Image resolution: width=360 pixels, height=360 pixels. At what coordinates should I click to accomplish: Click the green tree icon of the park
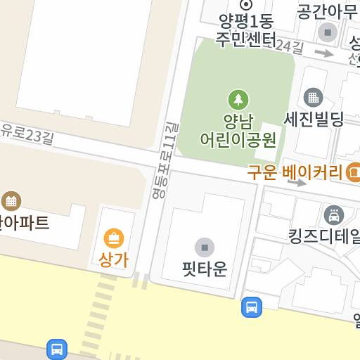coord(238,99)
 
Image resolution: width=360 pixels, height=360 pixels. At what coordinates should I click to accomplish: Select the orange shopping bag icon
coord(113,238)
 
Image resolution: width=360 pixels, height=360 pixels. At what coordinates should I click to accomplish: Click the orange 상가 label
coord(113,259)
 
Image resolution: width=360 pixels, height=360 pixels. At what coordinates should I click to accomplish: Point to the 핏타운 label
coord(205,269)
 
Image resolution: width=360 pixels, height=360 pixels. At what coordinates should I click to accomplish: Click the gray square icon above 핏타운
coord(205,247)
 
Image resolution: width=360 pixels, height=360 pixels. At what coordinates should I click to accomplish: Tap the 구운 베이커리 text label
coord(294,172)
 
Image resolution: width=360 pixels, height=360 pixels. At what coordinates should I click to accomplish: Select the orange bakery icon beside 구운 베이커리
coord(354,172)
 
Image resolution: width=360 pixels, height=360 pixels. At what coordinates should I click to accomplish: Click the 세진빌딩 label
coord(314,119)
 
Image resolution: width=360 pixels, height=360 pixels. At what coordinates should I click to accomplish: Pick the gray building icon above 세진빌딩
coord(313,97)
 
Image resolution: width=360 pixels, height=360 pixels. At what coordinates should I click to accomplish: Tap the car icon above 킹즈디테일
coord(333,214)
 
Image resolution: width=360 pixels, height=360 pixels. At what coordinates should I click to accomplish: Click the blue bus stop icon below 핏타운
coord(252,307)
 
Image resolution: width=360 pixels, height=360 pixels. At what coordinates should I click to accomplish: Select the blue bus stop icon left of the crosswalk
coord(57,349)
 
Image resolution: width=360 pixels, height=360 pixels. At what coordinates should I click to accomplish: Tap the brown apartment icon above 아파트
coord(11,201)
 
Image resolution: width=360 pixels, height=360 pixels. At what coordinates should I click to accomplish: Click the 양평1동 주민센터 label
coord(245,29)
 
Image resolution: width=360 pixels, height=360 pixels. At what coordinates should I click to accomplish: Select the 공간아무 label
coord(327,11)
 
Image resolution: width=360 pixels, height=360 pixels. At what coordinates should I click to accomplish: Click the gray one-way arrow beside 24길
coord(323,53)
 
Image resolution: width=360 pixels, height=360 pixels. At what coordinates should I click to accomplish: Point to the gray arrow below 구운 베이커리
coord(297,183)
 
